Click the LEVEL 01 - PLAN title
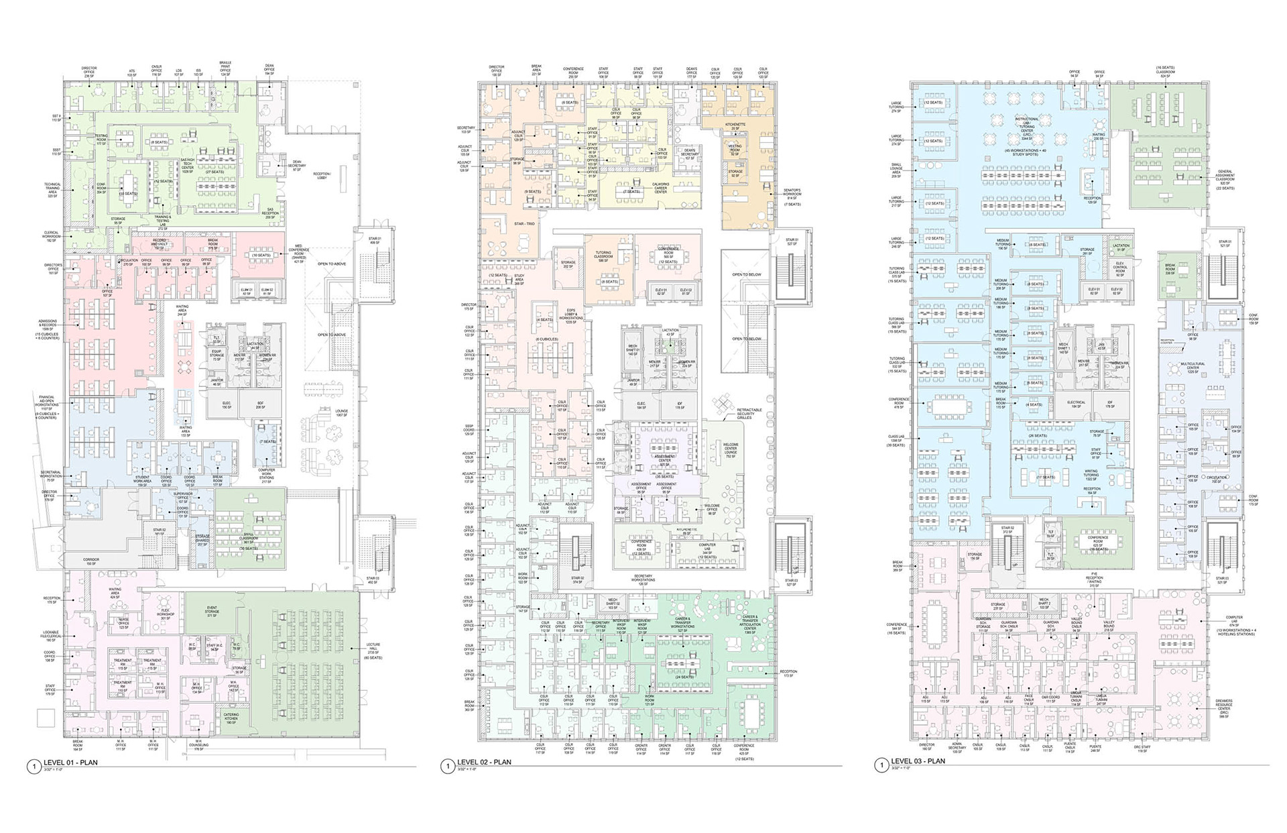click(x=70, y=763)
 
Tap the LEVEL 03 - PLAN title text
click(x=918, y=761)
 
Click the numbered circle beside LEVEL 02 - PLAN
click(x=445, y=765)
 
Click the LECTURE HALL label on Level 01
click(x=373, y=649)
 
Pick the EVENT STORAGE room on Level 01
click(x=212, y=612)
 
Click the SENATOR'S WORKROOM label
click(x=792, y=196)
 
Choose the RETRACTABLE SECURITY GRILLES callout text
click(x=749, y=413)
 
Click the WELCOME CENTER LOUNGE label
click(x=730, y=449)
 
